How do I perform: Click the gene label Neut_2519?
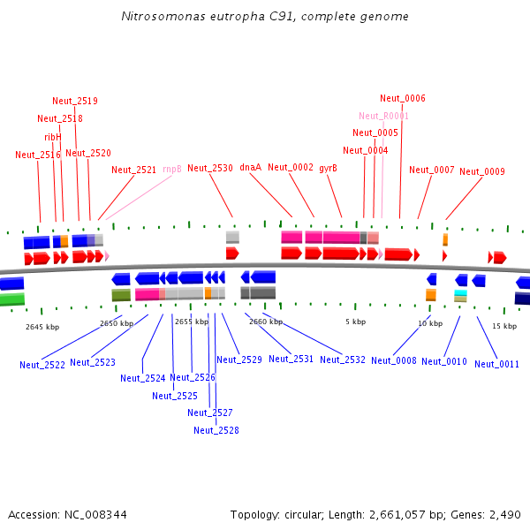pyautogui.click(x=75, y=101)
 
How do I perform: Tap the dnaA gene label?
pyautogui.click(x=251, y=167)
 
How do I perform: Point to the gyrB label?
pyautogui.click(x=329, y=167)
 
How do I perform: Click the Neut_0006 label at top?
pyautogui.click(x=403, y=98)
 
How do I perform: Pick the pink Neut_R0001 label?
pyautogui.click(x=384, y=116)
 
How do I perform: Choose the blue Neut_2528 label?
pyautogui.click(x=216, y=430)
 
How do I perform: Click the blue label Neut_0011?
pyautogui.click(x=496, y=364)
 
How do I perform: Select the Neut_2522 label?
pyautogui.click(x=42, y=365)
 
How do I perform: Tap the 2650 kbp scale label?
pyautogui.click(x=117, y=323)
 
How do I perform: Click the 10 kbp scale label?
pyautogui.click(x=430, y=323)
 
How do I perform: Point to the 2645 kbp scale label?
pyautogui.click(x=42, y=327)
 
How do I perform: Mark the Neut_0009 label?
pyautogui.click(x=482, y=171)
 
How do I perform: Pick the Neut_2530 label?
pyautogui.click(x=210, y=168)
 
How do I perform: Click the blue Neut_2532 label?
pyautogui.click(x=343, y=360)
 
